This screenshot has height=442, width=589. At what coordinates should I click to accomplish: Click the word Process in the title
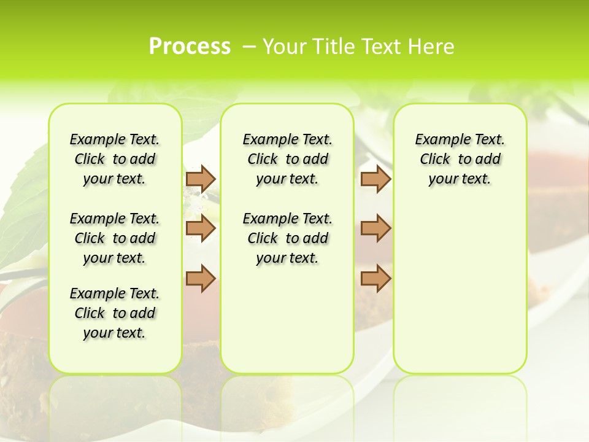pos(190,47)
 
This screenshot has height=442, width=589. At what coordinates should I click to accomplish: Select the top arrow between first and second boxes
pos(201,179)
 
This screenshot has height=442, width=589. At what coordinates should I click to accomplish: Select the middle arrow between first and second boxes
pos(201,229)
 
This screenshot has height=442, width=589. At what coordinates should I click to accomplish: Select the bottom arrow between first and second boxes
pos(201,279)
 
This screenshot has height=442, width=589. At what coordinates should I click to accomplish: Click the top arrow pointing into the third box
pos(375,179)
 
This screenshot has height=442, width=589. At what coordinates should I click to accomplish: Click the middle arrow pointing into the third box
pos(375,229)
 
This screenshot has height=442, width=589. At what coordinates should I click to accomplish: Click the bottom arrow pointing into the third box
pos(375,279)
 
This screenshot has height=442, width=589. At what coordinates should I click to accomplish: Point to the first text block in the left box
pos(115,159)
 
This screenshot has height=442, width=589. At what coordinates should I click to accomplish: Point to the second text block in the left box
pos(115,238)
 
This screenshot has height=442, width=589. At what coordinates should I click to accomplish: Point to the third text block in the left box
pos(115,313)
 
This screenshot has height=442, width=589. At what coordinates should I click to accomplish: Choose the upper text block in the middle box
pos(287,159)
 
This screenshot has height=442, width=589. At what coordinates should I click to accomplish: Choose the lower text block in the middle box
pos(287,238)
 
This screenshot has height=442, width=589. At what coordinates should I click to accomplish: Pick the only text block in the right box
pos(460,159)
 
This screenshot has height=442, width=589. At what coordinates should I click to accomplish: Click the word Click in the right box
pos(435,160)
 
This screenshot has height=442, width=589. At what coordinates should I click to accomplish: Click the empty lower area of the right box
pos(460,295)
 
